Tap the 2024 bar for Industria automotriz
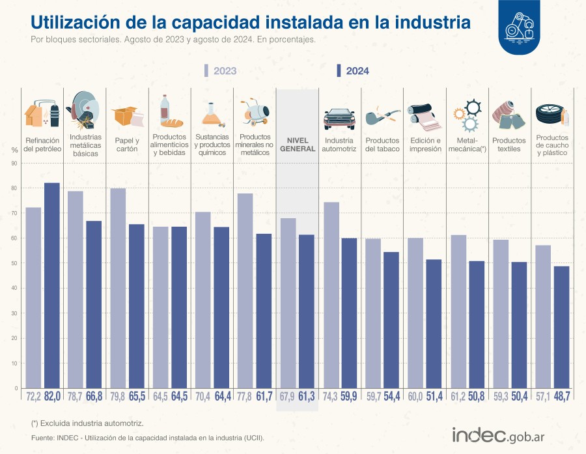(x=349, y=313)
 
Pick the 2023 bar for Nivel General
(x=288, y=303)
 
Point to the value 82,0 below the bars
(x=52, y=396)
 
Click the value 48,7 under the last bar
(x=561, y=396)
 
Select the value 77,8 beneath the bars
(x=245, y=396)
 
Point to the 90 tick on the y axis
(x=14, y=163)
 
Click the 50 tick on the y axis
(x=14, y=264)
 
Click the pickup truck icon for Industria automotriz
(x=339, y=118)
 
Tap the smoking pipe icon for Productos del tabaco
(x=382, y=118)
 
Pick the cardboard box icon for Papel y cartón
(x=127, y=117)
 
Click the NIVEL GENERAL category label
(x=298, y=144)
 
